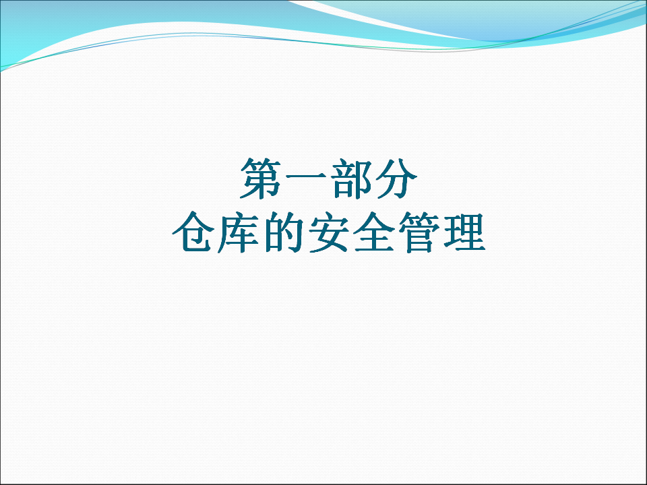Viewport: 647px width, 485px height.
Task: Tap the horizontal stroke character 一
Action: [306, 177]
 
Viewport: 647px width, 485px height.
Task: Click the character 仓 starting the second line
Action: [193, 232]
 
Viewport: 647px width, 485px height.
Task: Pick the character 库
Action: [238, 232]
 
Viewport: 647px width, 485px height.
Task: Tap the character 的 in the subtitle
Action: [283, 232]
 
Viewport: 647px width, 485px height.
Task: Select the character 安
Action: [328, 232]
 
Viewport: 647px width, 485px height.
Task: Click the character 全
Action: [374, 232]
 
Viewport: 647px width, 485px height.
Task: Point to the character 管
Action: [419, 232]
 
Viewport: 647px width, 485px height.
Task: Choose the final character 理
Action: [464, 232]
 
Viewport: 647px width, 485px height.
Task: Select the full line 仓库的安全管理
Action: [328, 232]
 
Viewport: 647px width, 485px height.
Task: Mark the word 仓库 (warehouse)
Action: [216, 232]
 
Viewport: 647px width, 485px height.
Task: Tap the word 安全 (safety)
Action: [351, 232]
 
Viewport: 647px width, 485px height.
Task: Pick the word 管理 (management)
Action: [441, 232]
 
